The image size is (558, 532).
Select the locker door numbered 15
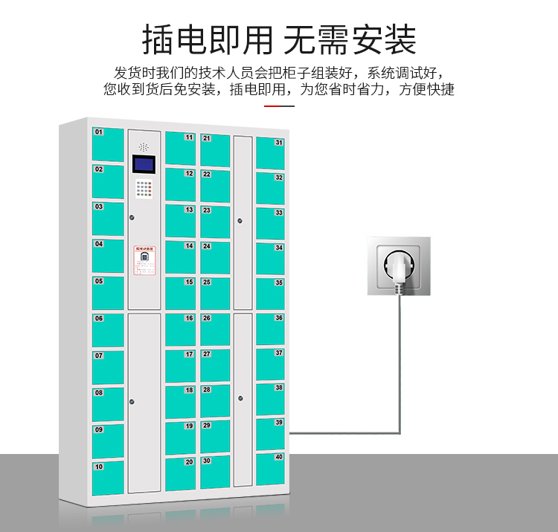(x=180, y=293)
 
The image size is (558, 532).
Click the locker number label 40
(x=279, y=457)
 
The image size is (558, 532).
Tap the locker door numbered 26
(x=215, y=329)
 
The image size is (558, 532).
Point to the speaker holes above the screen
(x=144, y=146)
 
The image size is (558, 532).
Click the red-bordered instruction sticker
(x=144, y=260)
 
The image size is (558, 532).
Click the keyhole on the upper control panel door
(x=132, y=218)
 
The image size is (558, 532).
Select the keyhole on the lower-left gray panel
(x=132, y=401)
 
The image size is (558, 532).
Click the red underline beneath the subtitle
(x=279, y=106)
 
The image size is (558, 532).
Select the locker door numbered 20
(x=180, y=473)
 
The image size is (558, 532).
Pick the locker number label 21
(x=206, y=138)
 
